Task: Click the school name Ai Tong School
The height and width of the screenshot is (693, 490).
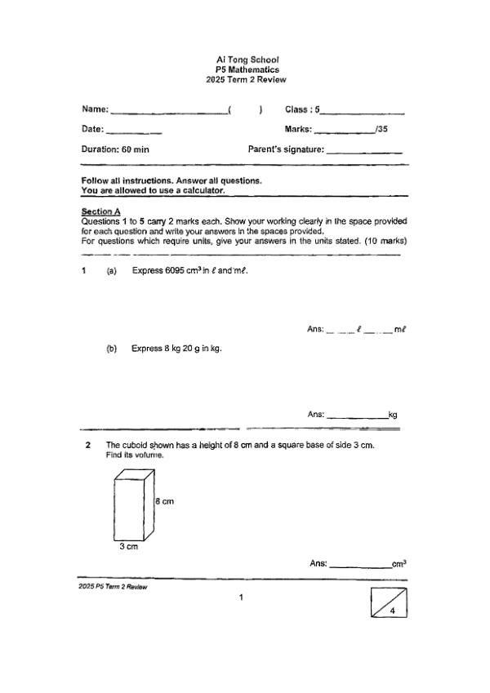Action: pyautogui.click(x=247, y=60)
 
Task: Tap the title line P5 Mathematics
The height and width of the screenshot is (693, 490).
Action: pyautogui.click(x=247, y=69)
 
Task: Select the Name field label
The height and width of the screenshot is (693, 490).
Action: pyautogui.click(x=95, y=109)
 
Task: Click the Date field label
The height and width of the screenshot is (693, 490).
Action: pyautogui.click(x=92, y=130)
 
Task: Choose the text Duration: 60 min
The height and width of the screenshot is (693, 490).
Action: pyautogui.click(x=115, y=150)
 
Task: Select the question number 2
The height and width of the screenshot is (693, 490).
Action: pyautogui.click(x=87, y=446)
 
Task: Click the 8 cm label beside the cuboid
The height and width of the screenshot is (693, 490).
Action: pyautogui.click(x=164, y=501)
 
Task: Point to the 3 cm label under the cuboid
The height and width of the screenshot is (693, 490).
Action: pyautogui.click(x=128, y=547)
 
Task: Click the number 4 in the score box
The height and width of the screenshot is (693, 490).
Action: pyautogui.click(x=393, y=611)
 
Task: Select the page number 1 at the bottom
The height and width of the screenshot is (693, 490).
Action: pyautogui.click(x=241, y=598)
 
